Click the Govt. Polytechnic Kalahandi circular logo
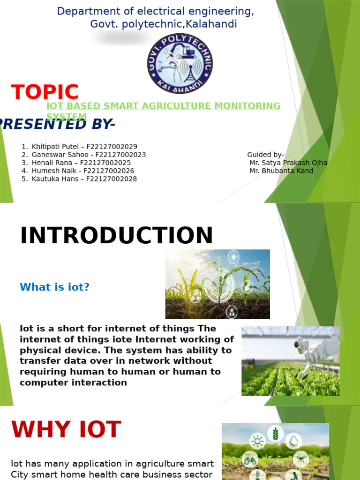coord(180,63)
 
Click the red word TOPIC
coord(45,92)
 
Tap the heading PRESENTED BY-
coord(56,124)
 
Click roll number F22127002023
coord(120,155)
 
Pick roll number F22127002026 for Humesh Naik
coord(109,171)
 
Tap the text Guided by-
coord(265,155)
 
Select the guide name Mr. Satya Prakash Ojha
coord(288,163)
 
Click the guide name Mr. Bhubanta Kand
coord(281,171)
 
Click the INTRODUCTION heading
coord(116,236)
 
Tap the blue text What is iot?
coord(54,287)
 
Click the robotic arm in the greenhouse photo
coord(314,352)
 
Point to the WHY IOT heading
coord(66,430)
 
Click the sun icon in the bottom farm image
coord(257,441)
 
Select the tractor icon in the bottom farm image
coord(250,459)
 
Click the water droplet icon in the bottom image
coord(293,440)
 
